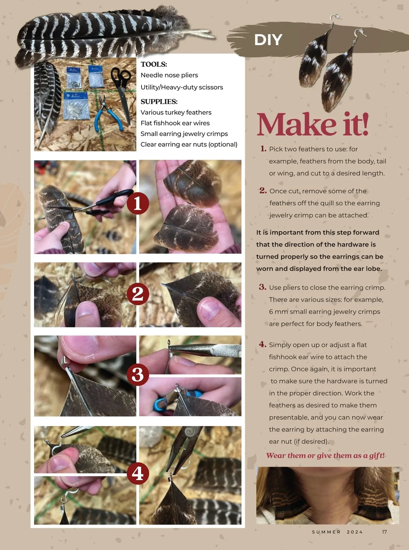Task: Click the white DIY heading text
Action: [x=268, y=40]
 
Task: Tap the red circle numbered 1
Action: [x=138, y=204]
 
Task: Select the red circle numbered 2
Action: [x=138, y=294]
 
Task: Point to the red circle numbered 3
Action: [x=138, y=374]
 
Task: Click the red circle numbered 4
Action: [x=138, y=473]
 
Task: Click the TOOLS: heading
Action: [x=154, y=64]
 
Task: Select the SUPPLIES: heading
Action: [x=159, y=101]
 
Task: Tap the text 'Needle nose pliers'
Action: [x=169, y=75]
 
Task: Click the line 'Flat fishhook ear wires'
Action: [x=175, y=123]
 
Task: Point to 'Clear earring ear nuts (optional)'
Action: [x=189, y=144]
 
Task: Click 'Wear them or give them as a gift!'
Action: [x=325, y=456]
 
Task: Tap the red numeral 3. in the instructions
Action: [x=263, y=287]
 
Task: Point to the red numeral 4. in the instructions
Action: [x=263, y=344]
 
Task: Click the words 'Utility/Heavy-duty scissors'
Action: [x=182, y=87]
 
